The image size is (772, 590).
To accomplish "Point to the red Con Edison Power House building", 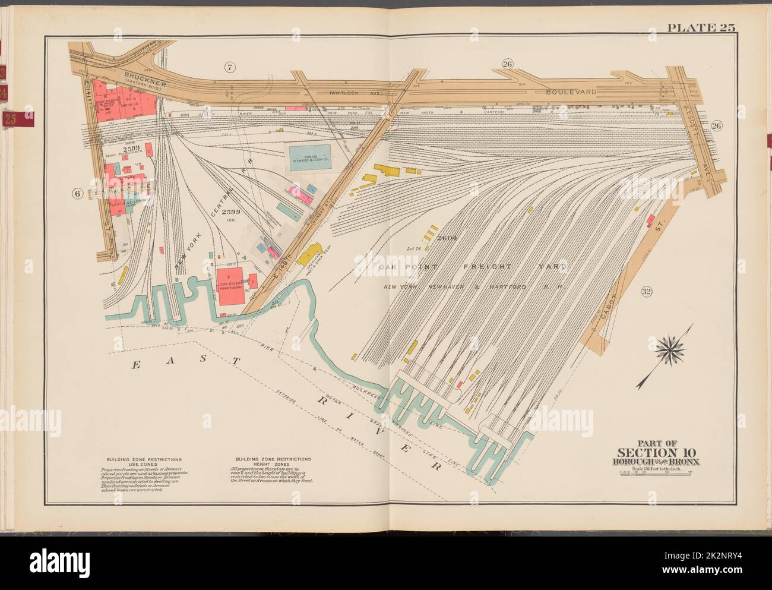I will (232, 287).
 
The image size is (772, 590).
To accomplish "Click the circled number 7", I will (230, 68).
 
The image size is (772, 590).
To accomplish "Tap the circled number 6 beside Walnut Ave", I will (76, 193).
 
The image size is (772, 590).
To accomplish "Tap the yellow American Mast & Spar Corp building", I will (308, 257).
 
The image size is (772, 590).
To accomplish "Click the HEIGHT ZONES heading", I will (273, 464).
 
